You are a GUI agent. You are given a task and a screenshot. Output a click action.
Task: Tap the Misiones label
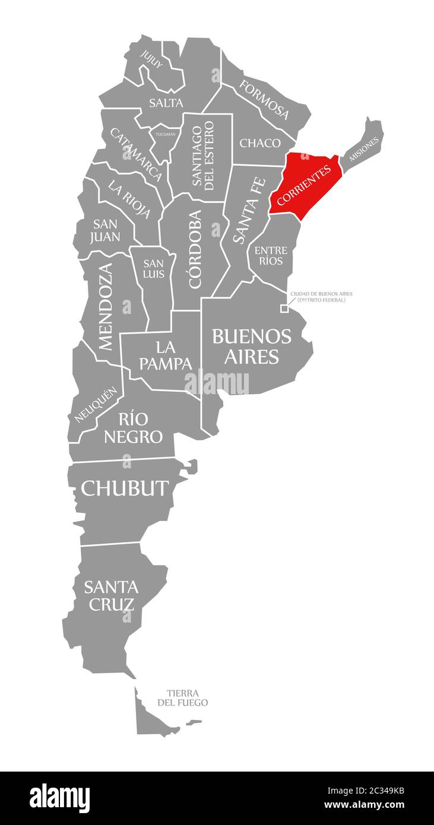coord(364,149)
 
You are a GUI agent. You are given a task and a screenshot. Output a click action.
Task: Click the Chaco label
coord(260,143)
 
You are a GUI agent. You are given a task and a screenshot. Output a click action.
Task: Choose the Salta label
coord(166,103)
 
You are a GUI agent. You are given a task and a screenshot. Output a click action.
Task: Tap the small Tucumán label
coord(166,134)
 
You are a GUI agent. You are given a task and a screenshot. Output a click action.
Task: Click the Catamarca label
coord(136,154)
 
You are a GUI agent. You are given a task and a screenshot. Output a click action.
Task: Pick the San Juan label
coord(106,231)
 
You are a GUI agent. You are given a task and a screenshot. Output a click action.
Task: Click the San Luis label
coord(153,269)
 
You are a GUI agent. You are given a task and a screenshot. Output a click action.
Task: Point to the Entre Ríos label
coord(269,255)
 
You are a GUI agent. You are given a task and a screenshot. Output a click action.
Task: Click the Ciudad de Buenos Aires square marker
coord(284,308)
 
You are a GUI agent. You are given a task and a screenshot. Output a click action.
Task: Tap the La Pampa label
coord(166,355)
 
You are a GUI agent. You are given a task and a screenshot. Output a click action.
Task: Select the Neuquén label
coord(94,405)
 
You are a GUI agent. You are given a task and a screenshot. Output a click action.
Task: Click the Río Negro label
coord(133,428)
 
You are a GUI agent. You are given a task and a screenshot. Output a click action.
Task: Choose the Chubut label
coord(125,488)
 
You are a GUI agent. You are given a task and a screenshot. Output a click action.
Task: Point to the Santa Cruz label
coord(111,595)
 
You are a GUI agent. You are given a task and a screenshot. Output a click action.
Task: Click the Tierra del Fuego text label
coord(183,697)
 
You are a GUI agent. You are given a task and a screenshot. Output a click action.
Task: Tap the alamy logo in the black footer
coord(60,798)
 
